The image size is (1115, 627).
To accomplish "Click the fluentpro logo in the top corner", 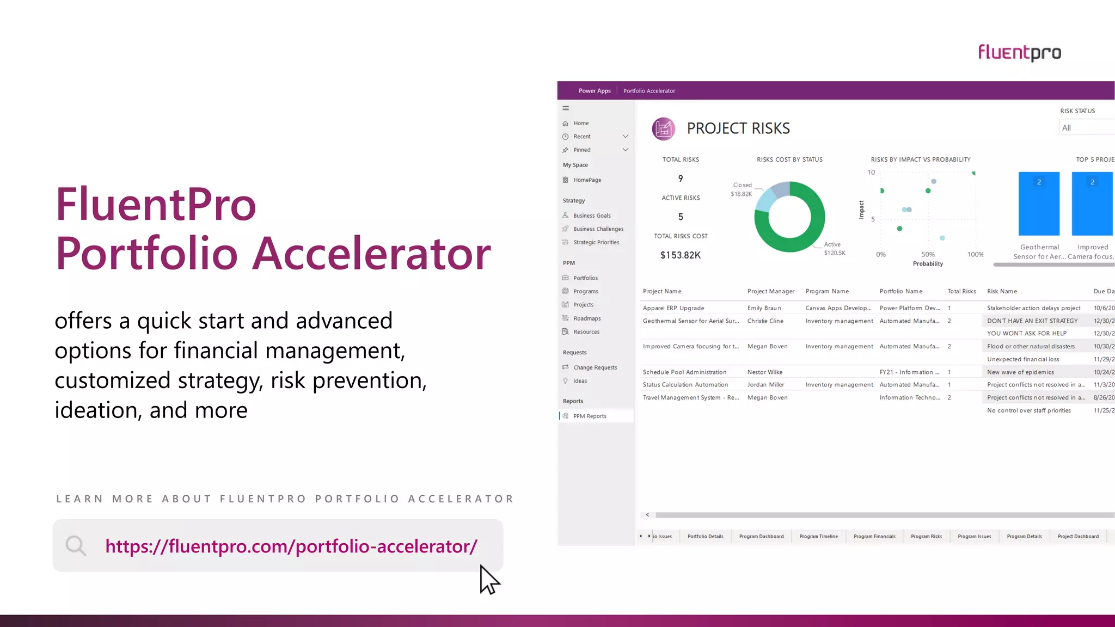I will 1019,53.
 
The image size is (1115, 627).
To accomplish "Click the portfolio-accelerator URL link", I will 291,546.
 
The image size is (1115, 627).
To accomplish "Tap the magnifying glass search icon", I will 76,545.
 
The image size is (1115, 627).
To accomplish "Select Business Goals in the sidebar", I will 592,216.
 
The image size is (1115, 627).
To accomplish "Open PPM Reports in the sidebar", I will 590,416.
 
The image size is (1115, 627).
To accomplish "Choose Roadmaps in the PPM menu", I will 587,318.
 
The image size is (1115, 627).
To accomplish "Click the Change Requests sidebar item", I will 595,367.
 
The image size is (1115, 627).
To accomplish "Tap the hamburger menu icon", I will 566,108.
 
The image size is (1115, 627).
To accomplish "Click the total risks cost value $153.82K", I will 681,255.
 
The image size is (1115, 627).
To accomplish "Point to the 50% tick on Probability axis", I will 928,254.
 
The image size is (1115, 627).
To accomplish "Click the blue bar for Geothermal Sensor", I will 1039,204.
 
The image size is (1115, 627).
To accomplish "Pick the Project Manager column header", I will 771,291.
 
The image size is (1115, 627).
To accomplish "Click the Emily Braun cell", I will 764,308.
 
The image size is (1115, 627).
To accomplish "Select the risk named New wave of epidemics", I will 1020,372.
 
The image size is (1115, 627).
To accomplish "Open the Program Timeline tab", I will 818,537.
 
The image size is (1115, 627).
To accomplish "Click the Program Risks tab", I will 926,537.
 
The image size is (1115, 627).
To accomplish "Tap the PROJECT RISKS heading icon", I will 663,129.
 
